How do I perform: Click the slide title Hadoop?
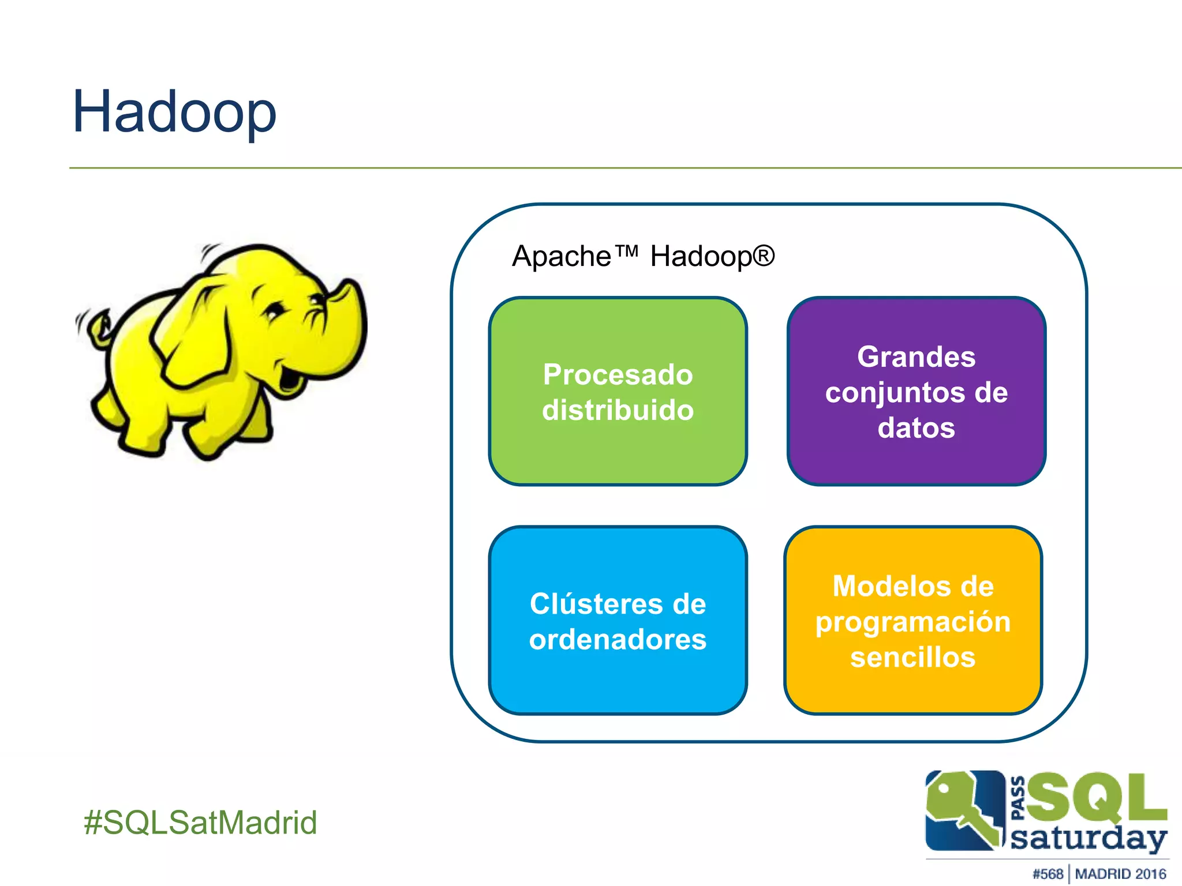pos(174,112)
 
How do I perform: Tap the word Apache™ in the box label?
pos(575,256)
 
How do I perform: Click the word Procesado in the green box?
pos(618,375)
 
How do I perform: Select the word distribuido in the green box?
pos(618,410)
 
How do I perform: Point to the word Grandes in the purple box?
pos(916,357)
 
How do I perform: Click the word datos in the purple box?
pos(916,428)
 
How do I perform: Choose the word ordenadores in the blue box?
pos(618,639)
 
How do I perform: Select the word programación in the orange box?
pos(912,622)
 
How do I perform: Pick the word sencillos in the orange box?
pos(912,657)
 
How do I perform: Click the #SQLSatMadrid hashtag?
pos(200,822)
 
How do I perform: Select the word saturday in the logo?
pos(1088,838)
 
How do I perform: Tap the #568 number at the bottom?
pos(1048,874)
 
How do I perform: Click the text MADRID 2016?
pos(1120,874)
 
